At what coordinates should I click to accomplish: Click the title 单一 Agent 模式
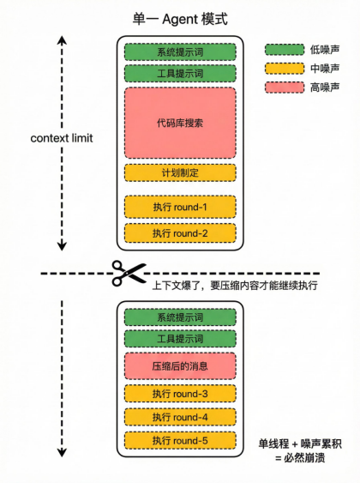(x=180, y=19)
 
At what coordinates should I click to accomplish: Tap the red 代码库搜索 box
(x=180, y=123)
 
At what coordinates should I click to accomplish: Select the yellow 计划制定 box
(x=180, y=172)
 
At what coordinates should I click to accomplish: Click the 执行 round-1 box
(x=180, y=207)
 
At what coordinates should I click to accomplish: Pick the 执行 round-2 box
(x=180, y=233)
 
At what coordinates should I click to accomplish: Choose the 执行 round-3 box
(x=180, y=394)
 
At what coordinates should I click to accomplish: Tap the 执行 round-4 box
(x=180, y=417)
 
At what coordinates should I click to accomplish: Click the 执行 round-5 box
(x=180, y=440)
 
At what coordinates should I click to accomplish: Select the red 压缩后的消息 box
(x=180, y=366)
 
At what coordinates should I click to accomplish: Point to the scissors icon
(x=129, y=273)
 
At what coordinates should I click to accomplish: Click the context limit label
(x=62, y=138)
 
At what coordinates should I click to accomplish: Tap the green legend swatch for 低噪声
(x=285, y=50)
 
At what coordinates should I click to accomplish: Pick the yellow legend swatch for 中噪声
(x=285, y=69)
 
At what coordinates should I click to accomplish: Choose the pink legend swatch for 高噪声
(x=285, y=88)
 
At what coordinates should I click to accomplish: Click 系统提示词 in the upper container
(x=180, y=51)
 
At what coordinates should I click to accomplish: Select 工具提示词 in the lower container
(x=180, y=339)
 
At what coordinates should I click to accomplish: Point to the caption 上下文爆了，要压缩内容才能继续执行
(x=235, y=286)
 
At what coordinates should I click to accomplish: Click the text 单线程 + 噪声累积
(x=300, y=444)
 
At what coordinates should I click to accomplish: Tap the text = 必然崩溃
(x=300, y=458)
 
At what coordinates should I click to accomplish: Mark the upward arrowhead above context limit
(x=62, y=40)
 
